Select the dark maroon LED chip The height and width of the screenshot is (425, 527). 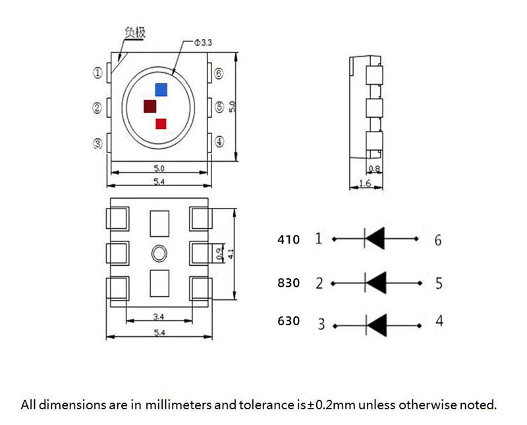(x=150, y=106)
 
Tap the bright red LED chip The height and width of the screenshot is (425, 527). (x=161, y=123)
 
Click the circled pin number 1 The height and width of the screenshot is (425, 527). (x=98, y=74)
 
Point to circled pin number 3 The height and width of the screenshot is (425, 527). (x=98, y=143)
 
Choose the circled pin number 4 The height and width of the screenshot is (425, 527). (x=219, y=141)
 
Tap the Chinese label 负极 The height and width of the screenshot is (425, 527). (x=134, y=32)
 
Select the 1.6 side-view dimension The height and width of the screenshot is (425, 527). (x=364, y=184)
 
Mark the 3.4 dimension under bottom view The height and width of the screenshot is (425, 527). (x=159, y=316)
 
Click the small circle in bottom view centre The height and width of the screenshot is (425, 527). (x=159, y=253)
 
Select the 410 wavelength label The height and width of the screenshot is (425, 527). (x=289, y=239)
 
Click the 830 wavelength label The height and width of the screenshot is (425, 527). (x=289, y=283)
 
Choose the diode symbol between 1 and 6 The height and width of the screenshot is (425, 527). (x=375, y=238)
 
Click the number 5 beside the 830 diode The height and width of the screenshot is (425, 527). (x=439, y=283)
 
